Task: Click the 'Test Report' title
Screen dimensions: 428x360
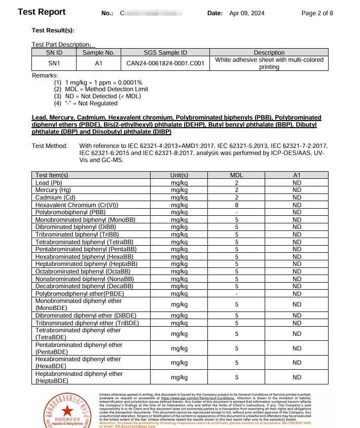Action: pos(42,12)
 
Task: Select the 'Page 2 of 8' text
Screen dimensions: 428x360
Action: pos(317,13)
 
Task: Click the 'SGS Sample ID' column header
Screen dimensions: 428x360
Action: pos(165,53)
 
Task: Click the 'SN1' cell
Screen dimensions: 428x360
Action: pos(54,63)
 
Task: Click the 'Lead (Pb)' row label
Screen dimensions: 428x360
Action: pos(49,182)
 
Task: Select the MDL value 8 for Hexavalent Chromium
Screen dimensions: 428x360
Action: pos(236,205)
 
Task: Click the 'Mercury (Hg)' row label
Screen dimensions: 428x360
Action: pos(53,190)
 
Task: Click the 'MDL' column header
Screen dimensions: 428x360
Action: pos(236,175)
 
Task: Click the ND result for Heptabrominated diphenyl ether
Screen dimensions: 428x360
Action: pos(297,377)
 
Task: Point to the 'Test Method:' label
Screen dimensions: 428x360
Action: pos(49,146)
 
